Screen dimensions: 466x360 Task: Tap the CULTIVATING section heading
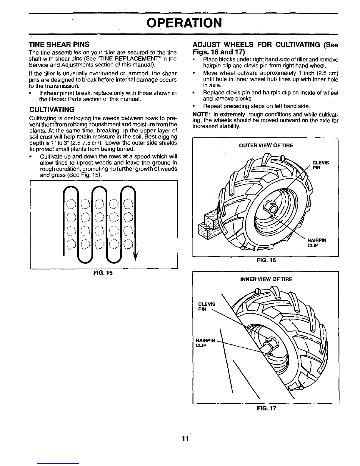pyautogui.click(x=51, y=110)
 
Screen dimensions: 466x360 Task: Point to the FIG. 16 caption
pyautogui.click(x=266, y=260)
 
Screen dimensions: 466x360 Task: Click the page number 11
pyautogui.click(x=185, y=439)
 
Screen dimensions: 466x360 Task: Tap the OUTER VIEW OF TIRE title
pyautogui.click(x=266, y=145)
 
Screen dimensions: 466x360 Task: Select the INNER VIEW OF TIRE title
pyautogui.click(x=266, y=279)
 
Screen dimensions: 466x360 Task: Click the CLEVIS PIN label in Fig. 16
pyautogui.click(x=320, y=165)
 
